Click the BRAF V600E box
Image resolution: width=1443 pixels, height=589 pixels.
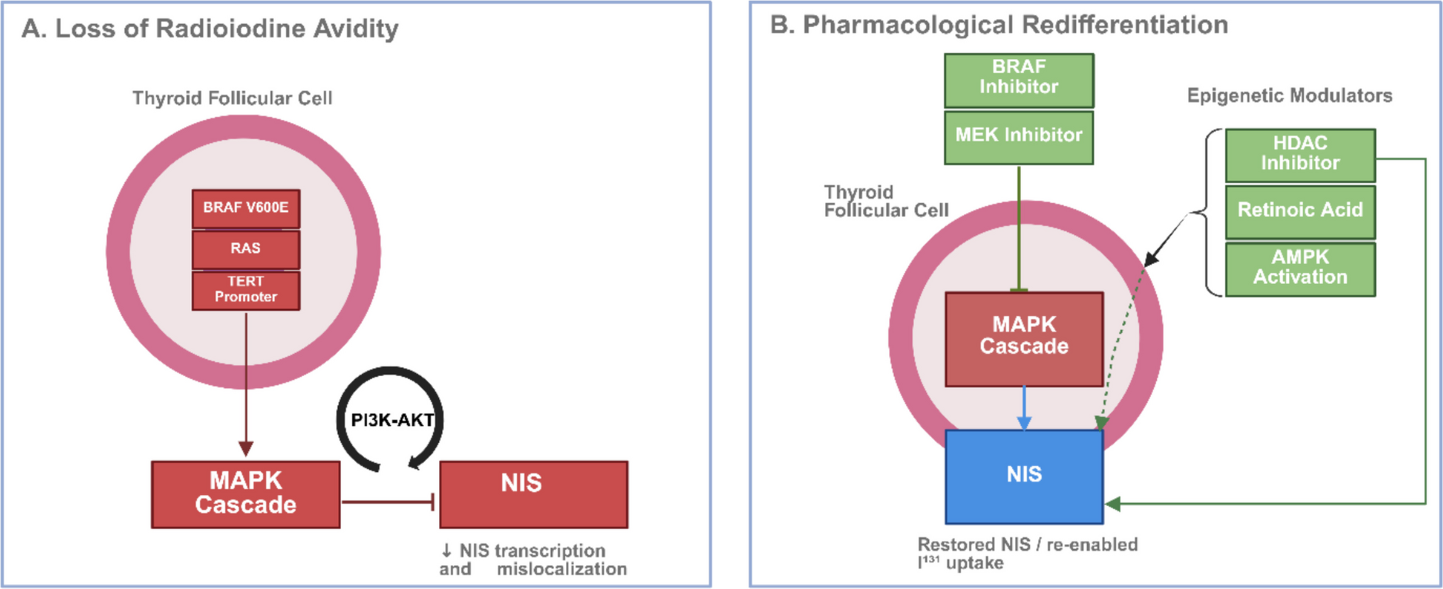coord(246,208)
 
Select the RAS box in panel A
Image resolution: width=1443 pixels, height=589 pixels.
coord(246,248)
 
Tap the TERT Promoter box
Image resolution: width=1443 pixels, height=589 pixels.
coord(246,290)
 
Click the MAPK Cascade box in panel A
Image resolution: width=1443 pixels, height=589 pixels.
coord(246,494)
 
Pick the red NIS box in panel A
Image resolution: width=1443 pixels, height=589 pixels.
coord(533,494)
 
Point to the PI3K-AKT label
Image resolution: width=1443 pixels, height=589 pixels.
coord(392,420)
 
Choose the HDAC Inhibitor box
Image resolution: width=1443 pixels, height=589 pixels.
coord(1300,154)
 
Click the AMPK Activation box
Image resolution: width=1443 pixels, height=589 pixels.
coord(1300,268)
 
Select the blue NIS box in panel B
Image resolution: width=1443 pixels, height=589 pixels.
coord(1024,476)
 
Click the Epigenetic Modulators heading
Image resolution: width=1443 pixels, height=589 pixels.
coord(1290,96)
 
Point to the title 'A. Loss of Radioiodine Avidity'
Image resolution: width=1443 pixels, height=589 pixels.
coord(210,28)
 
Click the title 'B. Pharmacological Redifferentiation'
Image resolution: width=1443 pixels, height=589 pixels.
coord(999,25)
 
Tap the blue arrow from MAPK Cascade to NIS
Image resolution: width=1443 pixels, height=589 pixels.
coord(1023,407)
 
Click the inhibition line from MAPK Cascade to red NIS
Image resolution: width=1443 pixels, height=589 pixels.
coord(388,502)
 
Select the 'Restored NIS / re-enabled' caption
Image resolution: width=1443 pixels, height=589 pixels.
coord(1028,544)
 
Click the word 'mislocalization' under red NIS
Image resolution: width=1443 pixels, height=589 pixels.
coord(562,569)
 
